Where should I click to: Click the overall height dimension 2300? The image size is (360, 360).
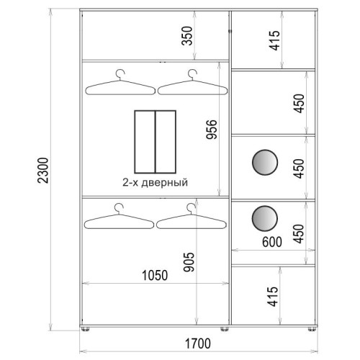tap(43, 171)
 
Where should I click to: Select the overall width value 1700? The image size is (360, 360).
tap(198, 343)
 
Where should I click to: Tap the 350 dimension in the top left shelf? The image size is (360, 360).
tap(187, 36)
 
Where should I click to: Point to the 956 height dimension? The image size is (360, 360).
tap(212, 129)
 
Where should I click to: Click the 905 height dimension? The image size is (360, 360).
tap(189, 262)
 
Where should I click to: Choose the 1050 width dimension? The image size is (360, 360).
tap(155, 275)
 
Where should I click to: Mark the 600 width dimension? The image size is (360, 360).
tap(272, 242)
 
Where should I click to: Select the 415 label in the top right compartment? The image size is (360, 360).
tap(274, 40)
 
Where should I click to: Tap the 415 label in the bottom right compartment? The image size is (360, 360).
tap(273, 297)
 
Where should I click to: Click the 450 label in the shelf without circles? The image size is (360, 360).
tap(299, 104)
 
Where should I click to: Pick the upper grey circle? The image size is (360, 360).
tap(265, 162)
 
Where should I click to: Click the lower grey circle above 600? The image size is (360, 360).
tap(265, 218)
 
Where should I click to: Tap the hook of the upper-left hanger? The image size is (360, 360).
tap(120, 74)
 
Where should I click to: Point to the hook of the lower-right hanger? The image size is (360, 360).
tap(192, 208)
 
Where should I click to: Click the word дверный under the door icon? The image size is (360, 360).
tap(165, 183)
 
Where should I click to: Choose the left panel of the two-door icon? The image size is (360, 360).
tap(145, 142)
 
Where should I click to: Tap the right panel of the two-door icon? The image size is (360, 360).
tap(166, 142)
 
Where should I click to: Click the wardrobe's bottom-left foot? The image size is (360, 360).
tap(85, 329)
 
